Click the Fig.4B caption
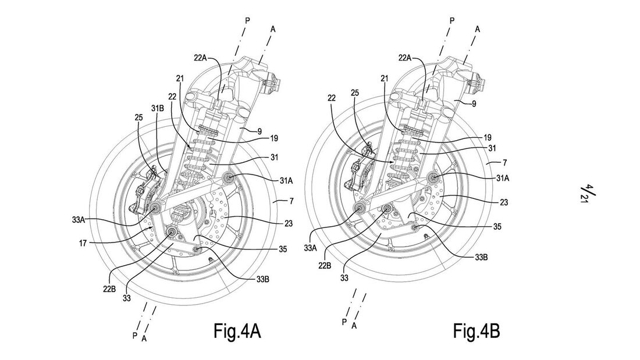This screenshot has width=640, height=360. point(476,332)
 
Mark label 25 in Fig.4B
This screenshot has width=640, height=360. point(355,92)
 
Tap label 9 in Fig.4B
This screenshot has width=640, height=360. point(475,104)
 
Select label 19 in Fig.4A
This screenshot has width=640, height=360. point(273,138)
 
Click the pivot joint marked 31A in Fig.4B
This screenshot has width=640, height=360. point(433,177)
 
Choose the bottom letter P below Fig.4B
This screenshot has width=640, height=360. point(345,322)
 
